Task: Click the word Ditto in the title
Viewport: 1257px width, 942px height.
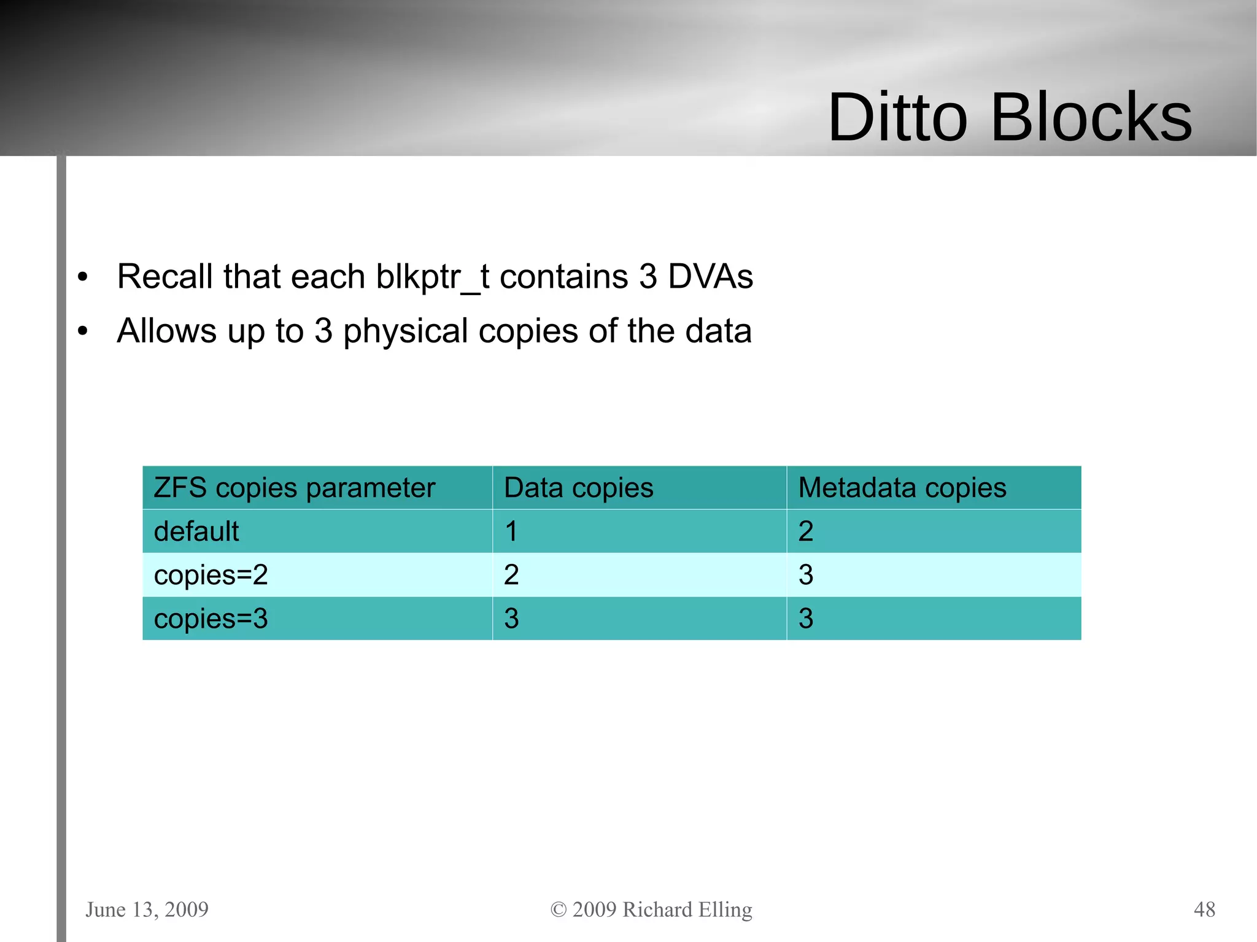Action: (x=897, y=117)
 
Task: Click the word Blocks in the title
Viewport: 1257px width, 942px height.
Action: (x=1091, y=117)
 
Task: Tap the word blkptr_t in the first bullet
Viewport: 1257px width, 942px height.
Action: (x=432, y=277)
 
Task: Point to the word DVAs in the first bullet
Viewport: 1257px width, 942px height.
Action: (x=710, y=276)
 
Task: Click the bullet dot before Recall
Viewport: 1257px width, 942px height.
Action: (x=83, y=277)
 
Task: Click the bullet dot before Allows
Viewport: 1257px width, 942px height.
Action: (x=83, y=331)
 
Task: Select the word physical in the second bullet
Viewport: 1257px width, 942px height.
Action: (x=405, y=331)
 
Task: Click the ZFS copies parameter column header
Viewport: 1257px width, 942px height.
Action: (x=294, y=488)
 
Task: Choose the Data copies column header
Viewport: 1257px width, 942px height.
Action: (x=578, y=488)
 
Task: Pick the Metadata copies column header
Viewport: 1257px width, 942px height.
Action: (x=902, y=488)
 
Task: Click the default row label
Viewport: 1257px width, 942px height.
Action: (x=196, y=531)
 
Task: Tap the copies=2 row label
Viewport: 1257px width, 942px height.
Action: (x=211, y=575)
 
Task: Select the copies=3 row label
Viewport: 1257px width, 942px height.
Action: (x=211, y=619)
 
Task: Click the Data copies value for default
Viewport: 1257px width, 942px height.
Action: (x=511, y=531)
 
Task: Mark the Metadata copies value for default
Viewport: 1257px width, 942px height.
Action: (x=805, y=531)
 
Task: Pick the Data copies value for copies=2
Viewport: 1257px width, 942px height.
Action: (x=511, y=575)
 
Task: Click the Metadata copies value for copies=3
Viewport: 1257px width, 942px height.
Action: (x=805, y=619)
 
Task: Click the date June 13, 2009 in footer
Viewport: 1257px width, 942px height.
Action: (x=147, y=909)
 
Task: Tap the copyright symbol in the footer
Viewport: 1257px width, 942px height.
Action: (x=558, y=909)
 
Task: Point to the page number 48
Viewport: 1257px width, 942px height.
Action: (x=1204, y=909)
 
